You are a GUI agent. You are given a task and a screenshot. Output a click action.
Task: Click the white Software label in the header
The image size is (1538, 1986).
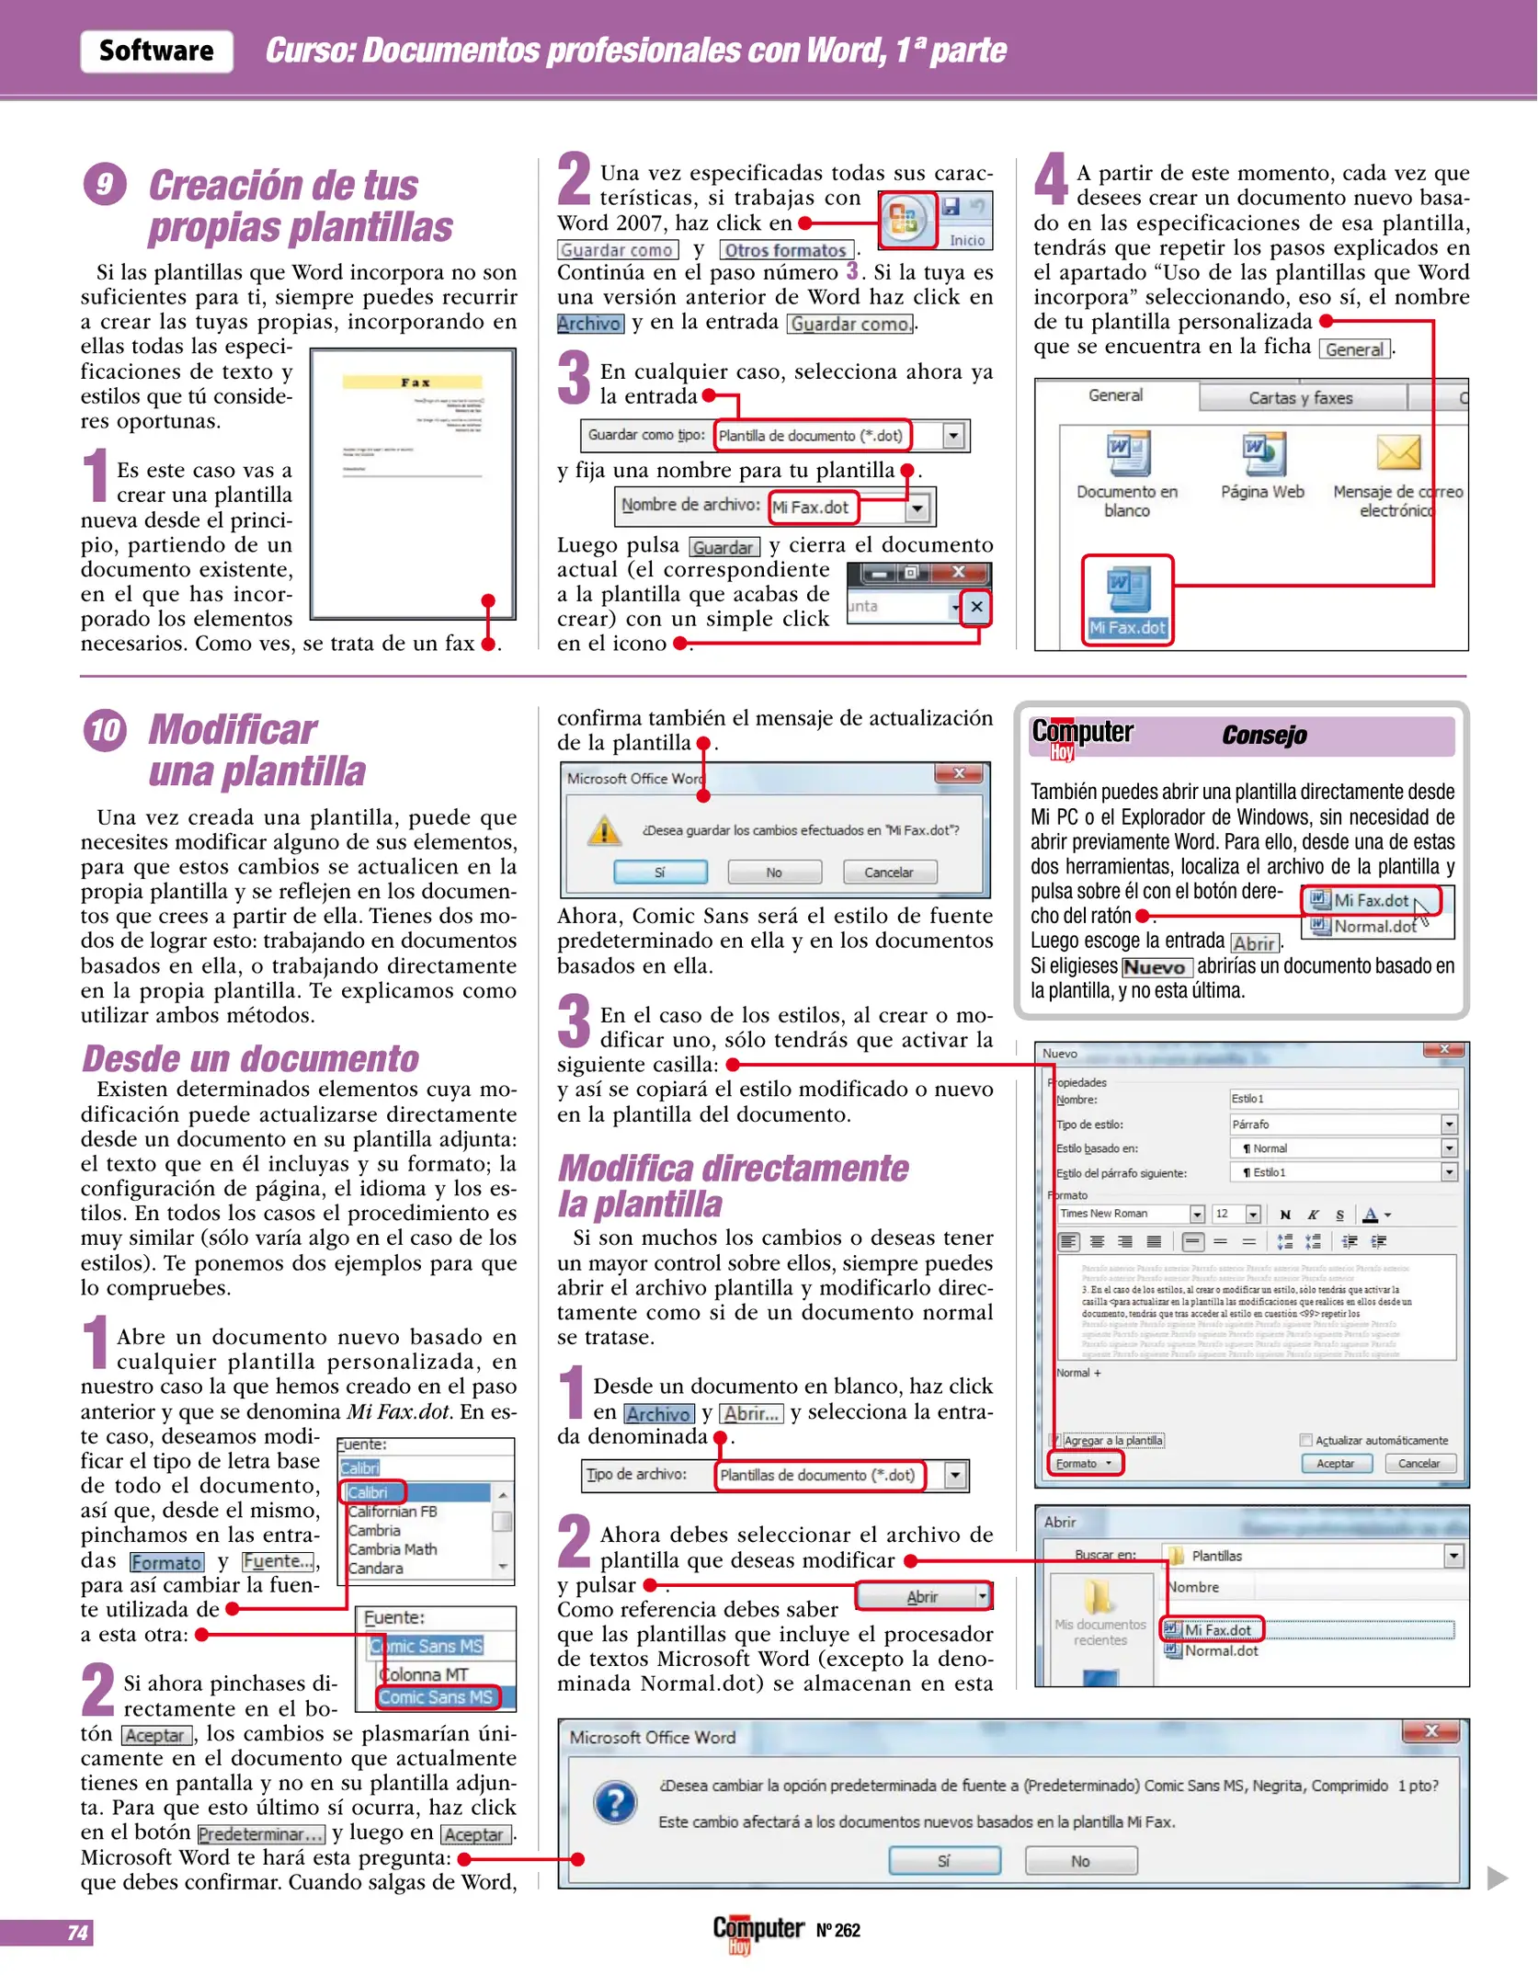(156, 51)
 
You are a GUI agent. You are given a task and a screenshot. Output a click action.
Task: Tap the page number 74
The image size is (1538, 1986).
(78, 1933)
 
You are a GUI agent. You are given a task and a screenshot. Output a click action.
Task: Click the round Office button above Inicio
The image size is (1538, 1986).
(906, 220)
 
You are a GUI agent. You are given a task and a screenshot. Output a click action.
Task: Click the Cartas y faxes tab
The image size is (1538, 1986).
(1300, 398)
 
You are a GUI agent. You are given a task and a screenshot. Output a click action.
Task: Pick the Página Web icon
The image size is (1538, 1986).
(1263, 453)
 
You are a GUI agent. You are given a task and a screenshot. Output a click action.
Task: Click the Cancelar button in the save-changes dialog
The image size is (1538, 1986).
(889, 872)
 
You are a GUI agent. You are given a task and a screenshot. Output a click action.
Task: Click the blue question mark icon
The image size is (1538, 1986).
(615, 1803)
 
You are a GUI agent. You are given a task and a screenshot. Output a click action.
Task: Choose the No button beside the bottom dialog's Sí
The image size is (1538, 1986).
(1080, 1861)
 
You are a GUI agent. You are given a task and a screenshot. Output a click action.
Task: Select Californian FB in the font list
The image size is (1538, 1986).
(393, 1512)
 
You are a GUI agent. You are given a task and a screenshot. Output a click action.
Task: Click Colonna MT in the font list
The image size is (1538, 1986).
(424, 1674)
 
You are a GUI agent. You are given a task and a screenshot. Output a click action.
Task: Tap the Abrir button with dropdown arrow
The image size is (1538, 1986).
(922, 1597)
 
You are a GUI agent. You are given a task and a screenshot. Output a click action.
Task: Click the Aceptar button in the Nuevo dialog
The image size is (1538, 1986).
(1335, 1464)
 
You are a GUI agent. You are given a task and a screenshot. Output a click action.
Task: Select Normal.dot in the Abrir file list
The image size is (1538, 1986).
(1221, 1650)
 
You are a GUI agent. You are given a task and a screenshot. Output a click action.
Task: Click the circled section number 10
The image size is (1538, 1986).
(105, 730)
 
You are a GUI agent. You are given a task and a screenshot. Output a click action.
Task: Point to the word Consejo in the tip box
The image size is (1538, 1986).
(1264, 736)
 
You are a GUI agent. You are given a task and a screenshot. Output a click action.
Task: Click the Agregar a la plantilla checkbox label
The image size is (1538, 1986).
(1112, 1441)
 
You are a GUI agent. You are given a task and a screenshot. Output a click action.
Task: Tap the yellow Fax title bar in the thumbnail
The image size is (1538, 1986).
(413, 382)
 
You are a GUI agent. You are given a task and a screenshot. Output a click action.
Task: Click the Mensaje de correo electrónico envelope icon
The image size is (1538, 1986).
(1397, 453)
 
